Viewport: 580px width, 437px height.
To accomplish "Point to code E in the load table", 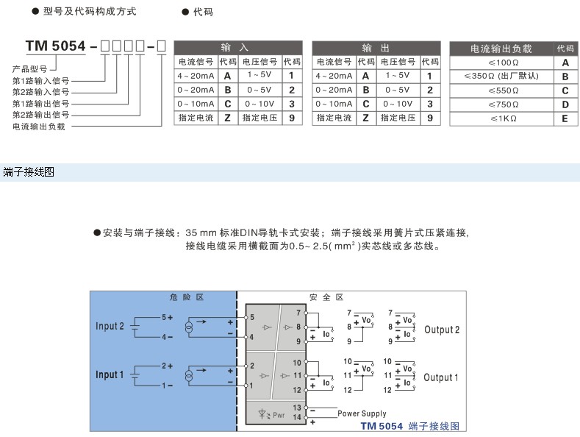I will pyautogui.click(x=565, y=118).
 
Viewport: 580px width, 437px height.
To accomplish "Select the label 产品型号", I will pyautogui.click(x=29, y=68).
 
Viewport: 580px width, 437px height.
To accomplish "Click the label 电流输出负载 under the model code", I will pyautogui.click(x=39, y=127).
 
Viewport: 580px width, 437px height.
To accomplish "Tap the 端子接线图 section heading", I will pyautogui.click(x=29, y=172).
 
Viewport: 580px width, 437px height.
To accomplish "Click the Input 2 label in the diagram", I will pyautogui.click(x=110, y=327).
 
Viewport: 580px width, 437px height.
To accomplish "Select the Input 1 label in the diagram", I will pyautogui.click(x=110, y=375).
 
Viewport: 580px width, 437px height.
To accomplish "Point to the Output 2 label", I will pyautogui.click(x=441, y=330).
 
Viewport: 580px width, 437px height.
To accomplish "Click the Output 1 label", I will pyautogui.click(x=441, y=377).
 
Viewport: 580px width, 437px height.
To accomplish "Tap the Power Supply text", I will pyautogui.click(x=362, y=413).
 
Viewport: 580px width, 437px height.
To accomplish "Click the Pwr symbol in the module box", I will pyautogui.click(x=272, y=416).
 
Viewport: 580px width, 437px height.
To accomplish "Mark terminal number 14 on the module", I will pyautogui.click(x=298, y=418).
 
